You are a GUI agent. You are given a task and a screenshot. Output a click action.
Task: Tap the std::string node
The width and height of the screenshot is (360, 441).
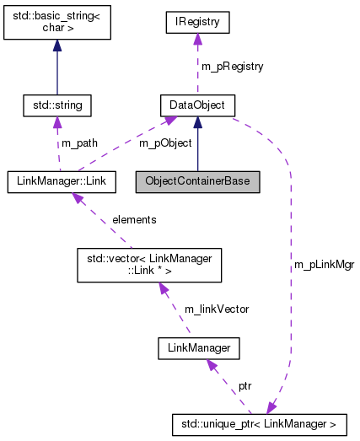pos(57,105)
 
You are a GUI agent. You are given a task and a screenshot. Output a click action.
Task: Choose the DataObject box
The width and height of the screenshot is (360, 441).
pos(197,105)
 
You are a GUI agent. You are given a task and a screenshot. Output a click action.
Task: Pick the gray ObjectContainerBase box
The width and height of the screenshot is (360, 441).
pos(197,180)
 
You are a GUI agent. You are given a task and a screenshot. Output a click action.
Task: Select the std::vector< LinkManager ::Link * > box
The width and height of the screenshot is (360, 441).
pos(148,263)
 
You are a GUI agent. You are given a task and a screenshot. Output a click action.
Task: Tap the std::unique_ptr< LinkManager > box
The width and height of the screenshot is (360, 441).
pos(263,419)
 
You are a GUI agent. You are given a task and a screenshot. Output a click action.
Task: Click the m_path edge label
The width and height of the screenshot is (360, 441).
pos(80,143)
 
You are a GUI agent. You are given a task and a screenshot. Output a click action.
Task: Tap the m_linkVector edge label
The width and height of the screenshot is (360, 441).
pos(216,309)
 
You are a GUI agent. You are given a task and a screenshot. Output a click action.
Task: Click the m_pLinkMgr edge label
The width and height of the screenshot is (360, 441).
pos(324,264)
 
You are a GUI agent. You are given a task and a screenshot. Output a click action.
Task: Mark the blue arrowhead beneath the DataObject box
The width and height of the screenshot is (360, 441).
pos(197,123)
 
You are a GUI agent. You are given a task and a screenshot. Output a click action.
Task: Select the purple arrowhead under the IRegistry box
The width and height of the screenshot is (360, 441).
pos(197,37)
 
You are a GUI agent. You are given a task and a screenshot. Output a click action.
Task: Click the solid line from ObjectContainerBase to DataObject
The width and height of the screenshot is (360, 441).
pos(197,152)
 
